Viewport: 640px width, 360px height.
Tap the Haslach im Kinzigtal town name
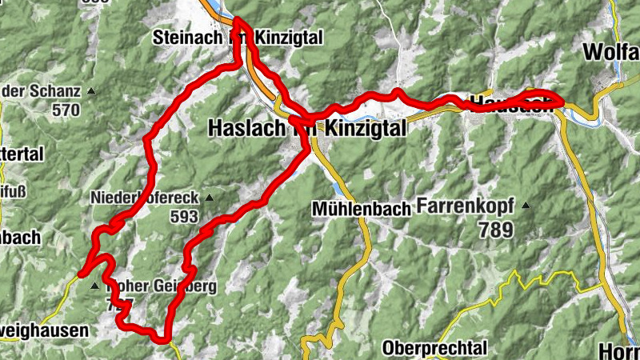306,127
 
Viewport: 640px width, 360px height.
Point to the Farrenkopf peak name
466,206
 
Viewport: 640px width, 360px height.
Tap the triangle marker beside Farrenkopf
526,206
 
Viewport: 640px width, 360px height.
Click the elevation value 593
184,216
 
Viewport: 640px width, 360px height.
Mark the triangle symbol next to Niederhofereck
210,198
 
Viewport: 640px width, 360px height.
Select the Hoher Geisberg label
157,286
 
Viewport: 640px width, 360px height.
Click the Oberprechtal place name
434,348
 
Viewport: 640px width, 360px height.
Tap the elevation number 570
66,110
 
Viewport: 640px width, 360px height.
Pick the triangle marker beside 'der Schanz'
90,91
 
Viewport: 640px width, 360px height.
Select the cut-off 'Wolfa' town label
611,52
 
